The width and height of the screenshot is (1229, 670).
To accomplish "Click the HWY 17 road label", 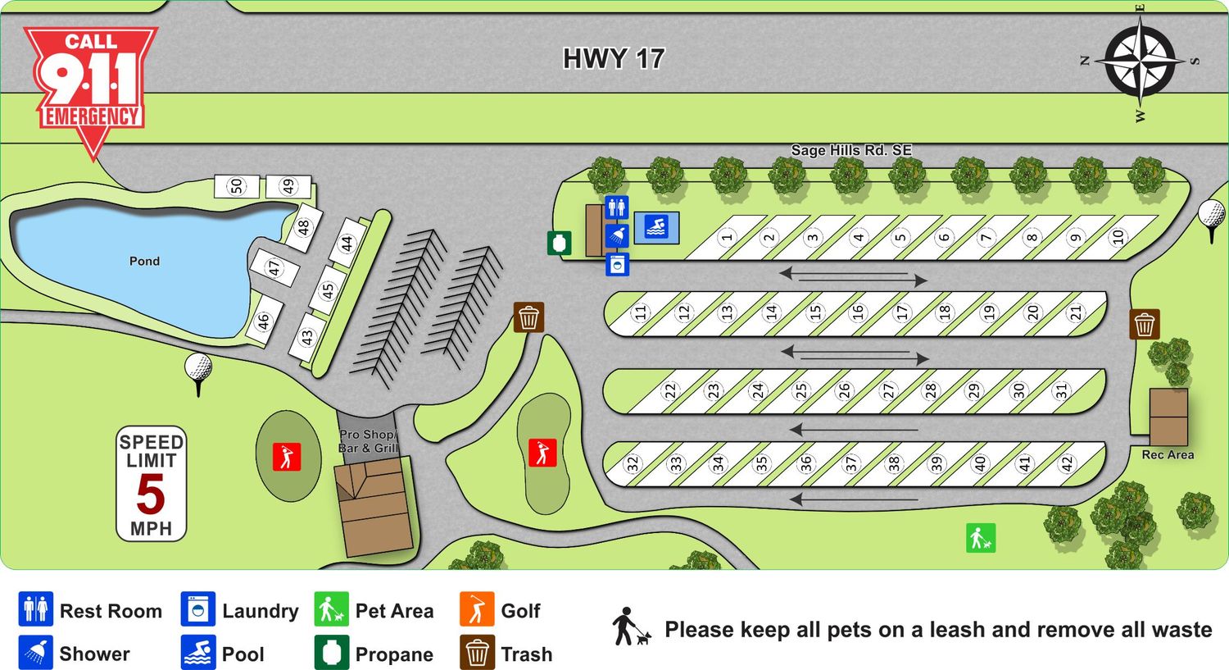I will (x=613, y=59).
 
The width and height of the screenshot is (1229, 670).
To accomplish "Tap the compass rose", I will (x=1140, y=61).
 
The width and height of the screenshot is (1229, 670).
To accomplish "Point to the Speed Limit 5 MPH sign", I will (x=151, y=484).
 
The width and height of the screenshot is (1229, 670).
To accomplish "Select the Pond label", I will (x=144, y=261).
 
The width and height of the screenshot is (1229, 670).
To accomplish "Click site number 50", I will (x=237, y=186).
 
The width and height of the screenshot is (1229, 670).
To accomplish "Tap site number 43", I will (x=307, y=337).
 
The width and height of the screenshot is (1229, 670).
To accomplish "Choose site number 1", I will (x=726, y=238).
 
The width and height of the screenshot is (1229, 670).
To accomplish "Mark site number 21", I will (x=1076, y=312).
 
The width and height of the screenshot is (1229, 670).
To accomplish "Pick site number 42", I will (x=1067, y=464).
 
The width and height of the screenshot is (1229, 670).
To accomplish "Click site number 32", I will (x=632, y=464).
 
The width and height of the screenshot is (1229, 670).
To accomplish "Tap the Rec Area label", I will (x=1168, y=455).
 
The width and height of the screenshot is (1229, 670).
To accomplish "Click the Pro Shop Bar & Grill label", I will (x=368, y=441).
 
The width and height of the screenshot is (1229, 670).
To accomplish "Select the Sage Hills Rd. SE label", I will (x=850, y=150).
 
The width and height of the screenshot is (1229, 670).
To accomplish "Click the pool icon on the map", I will (x=656, y=227).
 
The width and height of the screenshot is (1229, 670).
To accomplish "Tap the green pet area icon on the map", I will (x=980, y=538).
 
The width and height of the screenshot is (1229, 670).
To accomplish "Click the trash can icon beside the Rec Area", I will (x=1145, y=325).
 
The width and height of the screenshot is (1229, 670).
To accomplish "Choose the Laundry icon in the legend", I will (x=197, y=610).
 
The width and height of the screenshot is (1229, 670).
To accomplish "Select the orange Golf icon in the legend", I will (x=477, y=610).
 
